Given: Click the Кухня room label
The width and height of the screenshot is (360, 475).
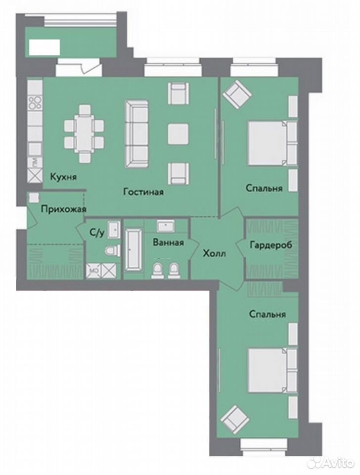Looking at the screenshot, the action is (x=63, y=177).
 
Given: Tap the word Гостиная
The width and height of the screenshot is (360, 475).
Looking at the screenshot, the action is (x=143, y=192).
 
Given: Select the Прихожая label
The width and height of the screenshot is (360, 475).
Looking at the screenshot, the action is (x=64, y=209).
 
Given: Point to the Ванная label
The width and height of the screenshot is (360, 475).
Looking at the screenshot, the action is (x=168, y=242).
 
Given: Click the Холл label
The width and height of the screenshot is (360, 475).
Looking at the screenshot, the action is (x=214, y=253).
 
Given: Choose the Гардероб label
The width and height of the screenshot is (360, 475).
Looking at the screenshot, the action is (x=271, y=244).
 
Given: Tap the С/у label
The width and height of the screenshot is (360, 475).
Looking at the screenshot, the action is (x=97, y=233).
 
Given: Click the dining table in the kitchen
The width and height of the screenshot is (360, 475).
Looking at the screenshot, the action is (x=84, y=133).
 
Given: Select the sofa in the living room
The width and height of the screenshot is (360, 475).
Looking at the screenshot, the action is (x=137, y=134).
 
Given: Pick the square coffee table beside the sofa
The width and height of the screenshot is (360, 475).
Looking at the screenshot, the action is (x=179, y=134).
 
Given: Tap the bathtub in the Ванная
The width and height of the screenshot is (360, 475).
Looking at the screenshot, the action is (x=133, y=249).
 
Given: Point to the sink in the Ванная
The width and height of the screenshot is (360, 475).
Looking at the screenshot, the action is (x=165, y=226).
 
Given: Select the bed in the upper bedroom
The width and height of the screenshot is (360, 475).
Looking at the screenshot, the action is (x=268, y=143).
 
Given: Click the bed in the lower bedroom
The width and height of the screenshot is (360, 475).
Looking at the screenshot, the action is (x=268, y=370).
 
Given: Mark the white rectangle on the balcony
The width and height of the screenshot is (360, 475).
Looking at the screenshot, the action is (x=44, y=47).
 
